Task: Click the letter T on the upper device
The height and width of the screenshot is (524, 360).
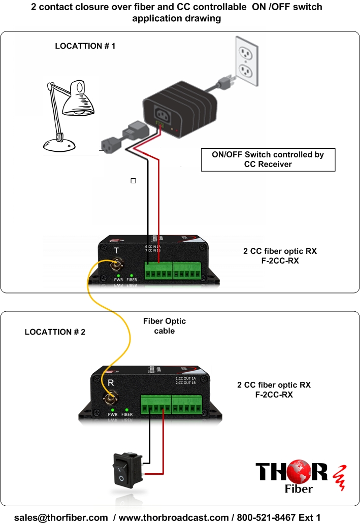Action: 116,250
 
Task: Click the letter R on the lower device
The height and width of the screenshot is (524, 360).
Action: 110,382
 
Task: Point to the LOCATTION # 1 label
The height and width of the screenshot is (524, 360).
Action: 85,46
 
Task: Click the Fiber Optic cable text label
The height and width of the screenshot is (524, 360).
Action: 163,325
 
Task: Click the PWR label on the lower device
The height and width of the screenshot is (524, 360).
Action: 112,415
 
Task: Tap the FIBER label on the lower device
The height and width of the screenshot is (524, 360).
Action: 127,415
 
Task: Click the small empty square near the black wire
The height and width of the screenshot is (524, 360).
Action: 133,181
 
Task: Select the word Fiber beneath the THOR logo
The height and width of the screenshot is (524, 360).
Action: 297,489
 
